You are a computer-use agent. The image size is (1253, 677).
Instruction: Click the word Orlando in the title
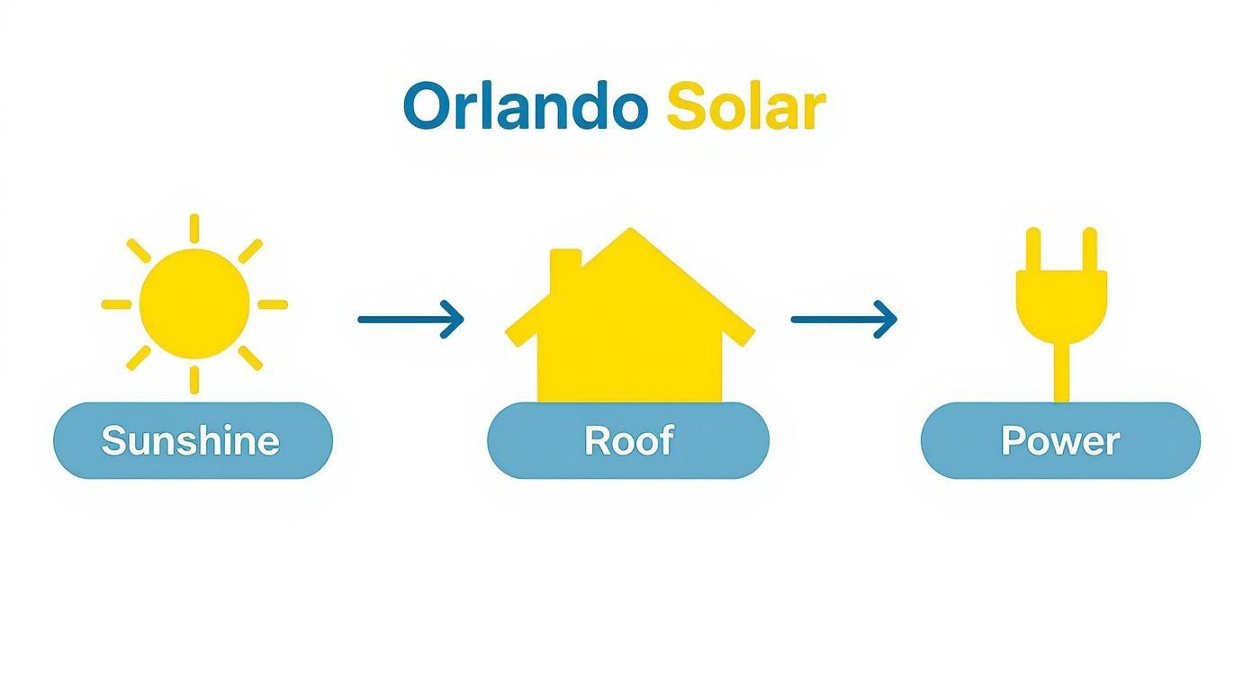pyautogui.click(x=525, y=107)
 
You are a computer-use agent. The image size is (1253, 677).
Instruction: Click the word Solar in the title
pyautogui.click(x=744, y=107)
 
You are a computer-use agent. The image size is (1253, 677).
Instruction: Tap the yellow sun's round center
pyautogui.click(x=194, y=303)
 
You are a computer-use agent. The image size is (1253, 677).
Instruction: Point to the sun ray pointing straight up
pyautogui.click(x=194, y=228)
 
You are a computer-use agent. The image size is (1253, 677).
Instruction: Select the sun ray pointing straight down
pyautogui.click(x=194, y=379)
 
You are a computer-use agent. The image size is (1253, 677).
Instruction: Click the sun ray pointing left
pyautogui.click(x=117, y=304)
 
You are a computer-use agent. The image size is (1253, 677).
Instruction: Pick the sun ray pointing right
pyautogui.click(x=272, y=304)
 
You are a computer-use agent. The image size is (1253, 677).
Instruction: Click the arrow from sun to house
pyautogui.click(x=410, y=319)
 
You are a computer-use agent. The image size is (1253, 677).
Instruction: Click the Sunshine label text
pyautogui.click(x=190, y=441)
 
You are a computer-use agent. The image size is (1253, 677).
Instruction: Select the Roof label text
pyautogui.click(x=628, y=441)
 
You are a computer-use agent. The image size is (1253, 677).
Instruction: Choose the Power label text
pyautogui.click(x=1060, y=441)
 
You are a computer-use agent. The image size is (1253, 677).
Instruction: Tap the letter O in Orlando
pyautogui.click(x=426, y=107)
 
